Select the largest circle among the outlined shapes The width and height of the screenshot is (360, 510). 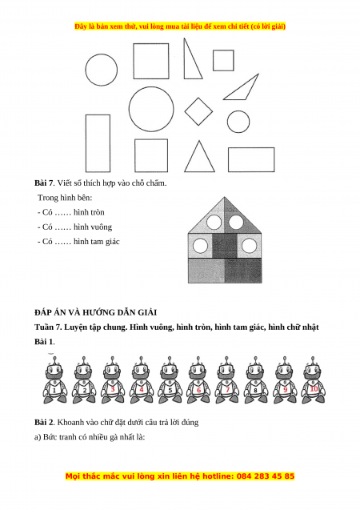[x=129, y=109]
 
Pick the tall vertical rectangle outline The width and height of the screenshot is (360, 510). [x=86, y=143]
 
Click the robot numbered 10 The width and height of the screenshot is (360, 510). [x=314, y=380]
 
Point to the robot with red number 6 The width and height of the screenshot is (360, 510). [x=198, y=380]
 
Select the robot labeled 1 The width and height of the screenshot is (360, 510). [x=55, y=380]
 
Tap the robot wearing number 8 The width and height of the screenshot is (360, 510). [x=256, y=380]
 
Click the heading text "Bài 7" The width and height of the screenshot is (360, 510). [x=43, y=183]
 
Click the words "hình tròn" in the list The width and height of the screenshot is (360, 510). [x=89, y=212]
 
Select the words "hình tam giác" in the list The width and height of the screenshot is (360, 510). [x=97, y=242]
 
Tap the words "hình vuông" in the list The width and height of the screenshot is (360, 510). [x=93, y=227]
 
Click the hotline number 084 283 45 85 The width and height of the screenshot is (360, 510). [x=266, y=476]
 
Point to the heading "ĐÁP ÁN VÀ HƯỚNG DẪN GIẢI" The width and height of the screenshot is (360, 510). [x=95, y=312]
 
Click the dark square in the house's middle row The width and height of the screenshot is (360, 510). [x=225, y=246]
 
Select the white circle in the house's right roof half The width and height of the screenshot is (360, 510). [x=236, y=222]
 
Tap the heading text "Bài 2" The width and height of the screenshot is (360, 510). [x=44, y=423]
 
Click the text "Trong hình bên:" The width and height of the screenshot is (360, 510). [x=65, y=198]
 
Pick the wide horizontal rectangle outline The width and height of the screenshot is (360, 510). [x=228, y=159]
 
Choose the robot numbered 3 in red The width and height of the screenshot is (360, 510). [x=113, y=380]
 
